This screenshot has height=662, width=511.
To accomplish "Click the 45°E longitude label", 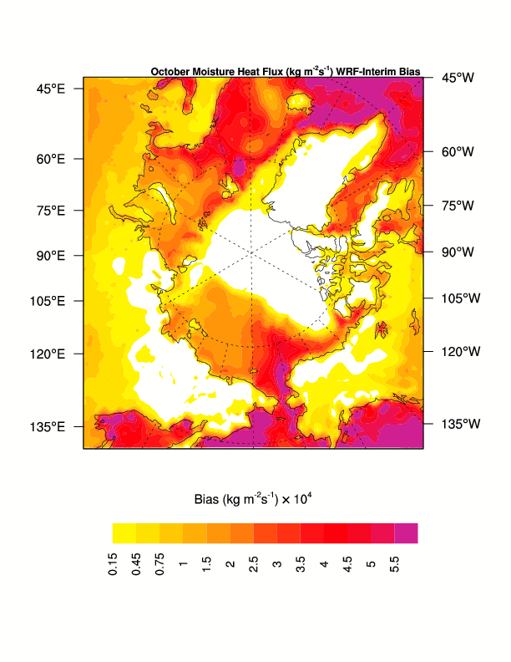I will pyautogui.click(x=51, y=89).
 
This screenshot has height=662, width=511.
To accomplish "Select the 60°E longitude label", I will pyautogui.click(x=51, y=159).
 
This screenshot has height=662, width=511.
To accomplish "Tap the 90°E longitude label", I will pyautogui.click(x=51, y=255).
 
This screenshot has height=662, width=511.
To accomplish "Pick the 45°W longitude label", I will pyautogui.click(x=458, y=78).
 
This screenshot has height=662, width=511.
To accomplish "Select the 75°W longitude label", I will pyautogui.click(x=458, y=206).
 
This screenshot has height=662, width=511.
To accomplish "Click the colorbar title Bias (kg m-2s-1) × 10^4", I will pyautogui.click(x=253, y=500).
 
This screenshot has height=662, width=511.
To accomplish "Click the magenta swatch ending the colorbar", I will pyautogui.click(x=406, y=533).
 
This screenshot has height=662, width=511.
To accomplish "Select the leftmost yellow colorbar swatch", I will pyautogui.click(x=124, y=533).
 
